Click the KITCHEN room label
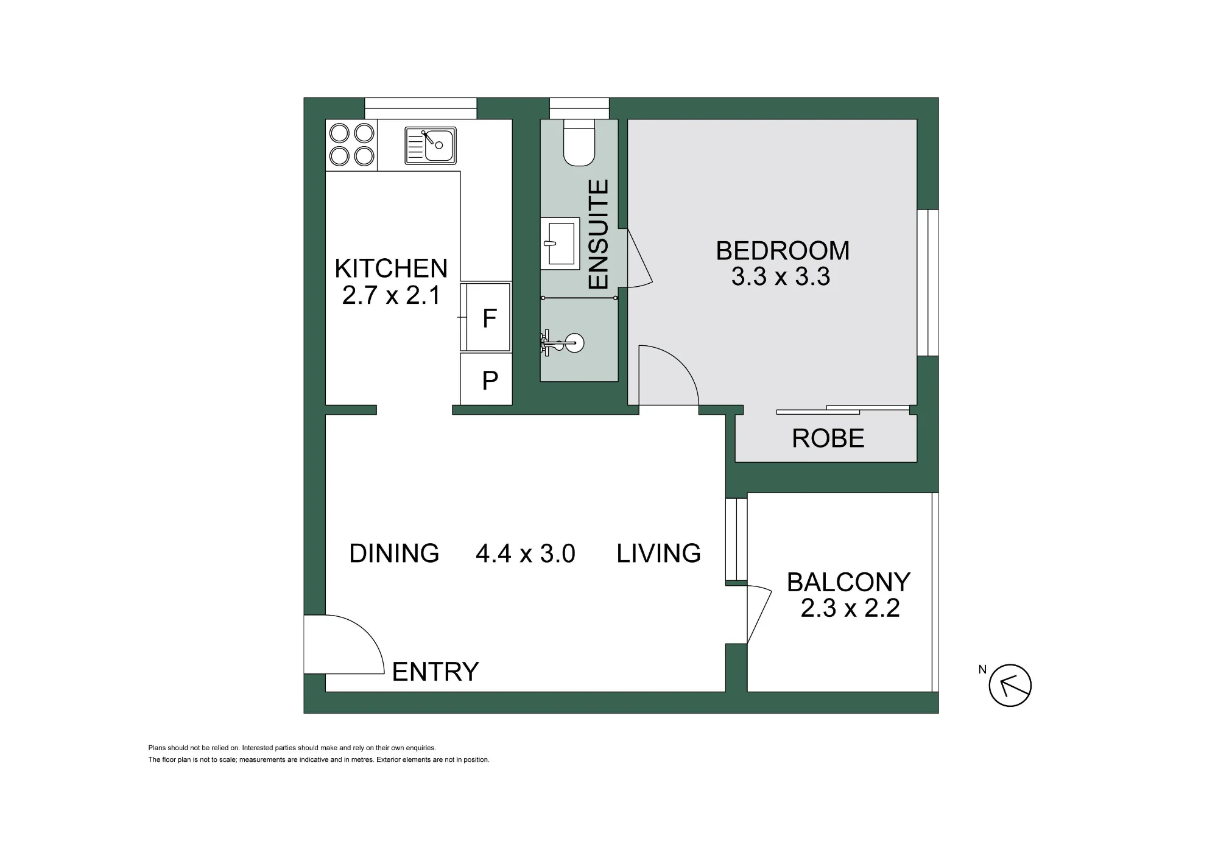click(x=391, y=269)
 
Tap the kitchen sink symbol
click(x=431, y=146)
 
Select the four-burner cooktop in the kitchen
click(x=351, y=145)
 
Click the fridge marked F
click(x=485, y=317)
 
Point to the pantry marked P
click(x=486, y=379)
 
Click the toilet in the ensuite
click(x=579, y=142)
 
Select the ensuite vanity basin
click(x=560, y=244)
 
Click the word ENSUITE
click(x=598, y=234)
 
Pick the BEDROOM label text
click(x=783, y=251)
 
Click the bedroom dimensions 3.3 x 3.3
click(x=781, y=277)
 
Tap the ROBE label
click(x=828, y=438)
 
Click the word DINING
click(x=394, y=553)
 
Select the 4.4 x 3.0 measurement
click(x=526, y=554)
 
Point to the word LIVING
click(x=659, y=553)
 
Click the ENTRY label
click(x=435, y=672)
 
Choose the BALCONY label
click(x=849, y=583)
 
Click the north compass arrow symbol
click(x=1010, y=685)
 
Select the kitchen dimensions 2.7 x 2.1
click(x=391, y=296)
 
